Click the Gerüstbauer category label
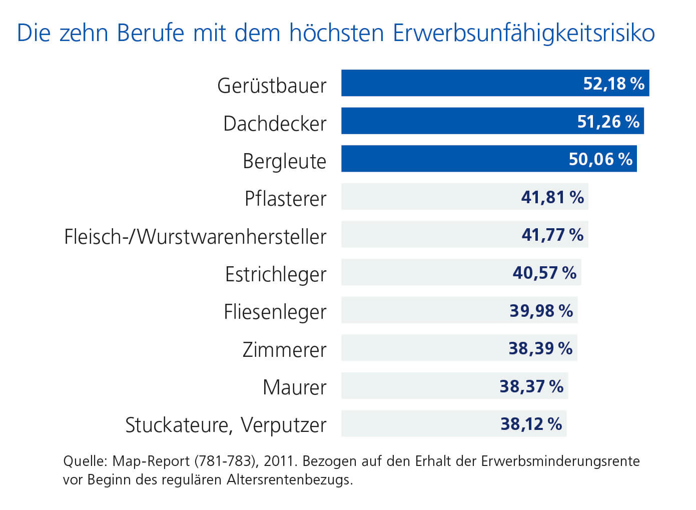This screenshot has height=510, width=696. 272,86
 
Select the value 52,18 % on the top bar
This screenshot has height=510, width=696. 613,84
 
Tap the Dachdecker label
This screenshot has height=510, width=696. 275,124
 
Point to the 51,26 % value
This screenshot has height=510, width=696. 608,122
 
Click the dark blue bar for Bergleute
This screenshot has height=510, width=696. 450,159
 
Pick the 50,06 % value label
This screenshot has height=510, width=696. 600,159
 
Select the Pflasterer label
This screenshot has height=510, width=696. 285,199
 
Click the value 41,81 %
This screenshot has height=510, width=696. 552,197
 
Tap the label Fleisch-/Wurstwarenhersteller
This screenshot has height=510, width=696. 195,237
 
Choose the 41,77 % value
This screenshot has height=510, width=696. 552,235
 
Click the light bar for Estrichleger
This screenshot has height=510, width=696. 425,273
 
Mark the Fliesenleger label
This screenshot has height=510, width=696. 275,312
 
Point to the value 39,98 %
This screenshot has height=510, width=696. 541,311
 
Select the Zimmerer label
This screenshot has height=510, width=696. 284,350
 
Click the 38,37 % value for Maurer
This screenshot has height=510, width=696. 531,386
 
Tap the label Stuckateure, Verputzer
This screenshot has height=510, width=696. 226,425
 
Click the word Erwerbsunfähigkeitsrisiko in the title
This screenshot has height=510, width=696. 524,34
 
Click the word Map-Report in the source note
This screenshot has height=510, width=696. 151,461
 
